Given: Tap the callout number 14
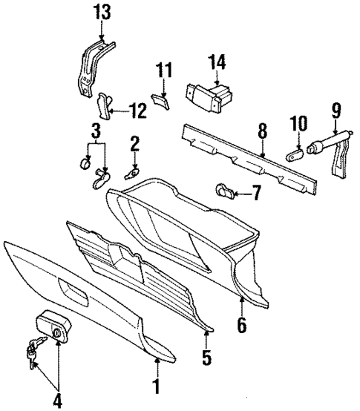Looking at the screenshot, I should coord(217,61).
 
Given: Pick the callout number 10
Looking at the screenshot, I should coord(298,122).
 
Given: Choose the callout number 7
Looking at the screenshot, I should coord(256,195).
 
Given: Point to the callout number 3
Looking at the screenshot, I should coord(95,134).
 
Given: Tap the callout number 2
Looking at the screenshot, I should coord(135,142).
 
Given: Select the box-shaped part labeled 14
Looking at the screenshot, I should coord(209,96).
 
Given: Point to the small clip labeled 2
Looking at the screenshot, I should coord(131,173).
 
